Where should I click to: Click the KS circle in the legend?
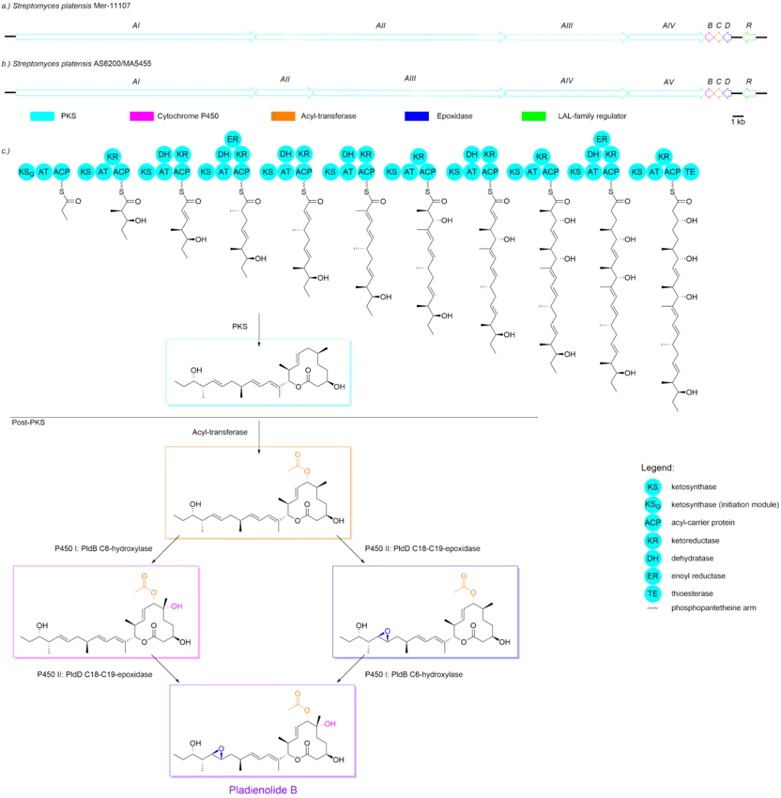click(x=652, y=487)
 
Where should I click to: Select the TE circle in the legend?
click(x=652, y=592)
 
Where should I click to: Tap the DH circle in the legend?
click(x=652, y=557)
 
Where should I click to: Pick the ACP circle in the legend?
click(x=652, y=523)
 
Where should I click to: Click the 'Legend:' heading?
click(x=654, y=467)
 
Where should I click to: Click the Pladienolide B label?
click(x=264, y=790)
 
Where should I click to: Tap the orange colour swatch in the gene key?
click(x=283, y=117)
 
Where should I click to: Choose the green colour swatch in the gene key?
click(x=533, y=117)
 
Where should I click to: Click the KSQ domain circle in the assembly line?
click(x=26, y=172)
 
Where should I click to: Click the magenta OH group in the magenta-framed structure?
click(x=178, y=606)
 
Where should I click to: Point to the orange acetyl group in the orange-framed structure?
click(x=296, y=463)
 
